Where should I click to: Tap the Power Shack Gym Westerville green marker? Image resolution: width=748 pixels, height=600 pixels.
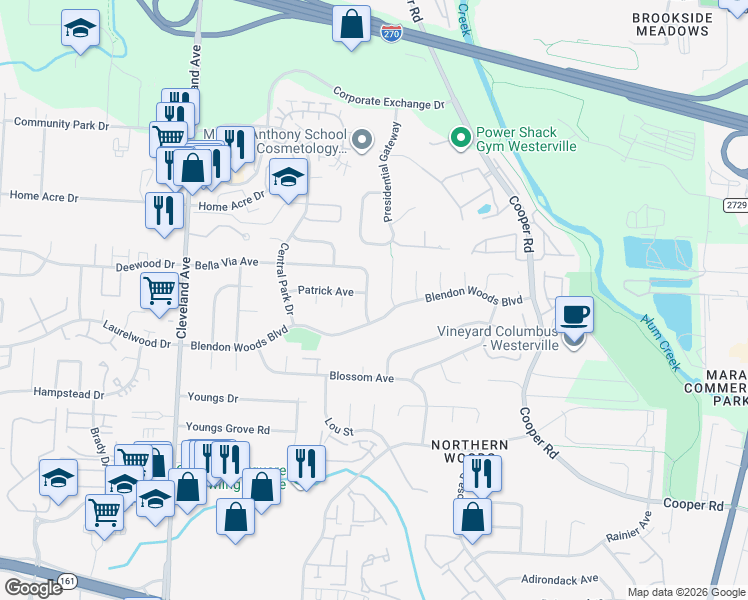pyautogui.click(x=461, y=138)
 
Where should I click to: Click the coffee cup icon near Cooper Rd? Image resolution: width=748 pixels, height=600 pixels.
pyautogui.click(x=574, y=315)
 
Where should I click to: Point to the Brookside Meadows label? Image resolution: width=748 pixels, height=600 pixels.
pyautogui.click(x=672, y=24)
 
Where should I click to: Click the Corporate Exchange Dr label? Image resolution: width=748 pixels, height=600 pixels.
pyautogui.click(x=388, y=103)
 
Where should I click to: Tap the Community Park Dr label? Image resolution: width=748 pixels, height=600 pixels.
pyautogui.click(x=61, y=125)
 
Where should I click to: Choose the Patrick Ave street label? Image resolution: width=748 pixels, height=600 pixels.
pyautogui.click(x=326, y=291)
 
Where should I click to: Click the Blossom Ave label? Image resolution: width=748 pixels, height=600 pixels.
pyautogui.click(x=361, y=377)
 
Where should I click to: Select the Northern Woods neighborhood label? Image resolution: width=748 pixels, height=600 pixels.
pyautogui.click(x=463, y=451)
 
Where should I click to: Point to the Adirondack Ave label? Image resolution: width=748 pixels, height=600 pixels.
pyautogui.click(x=560, y=578)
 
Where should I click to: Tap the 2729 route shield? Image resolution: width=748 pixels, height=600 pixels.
pyautogui.click(x=736, y=203)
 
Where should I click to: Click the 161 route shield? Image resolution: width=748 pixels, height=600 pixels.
pyautogui.click(x=67, y=580)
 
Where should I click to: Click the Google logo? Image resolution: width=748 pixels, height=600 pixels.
pyautogui.click(x=33, y=588)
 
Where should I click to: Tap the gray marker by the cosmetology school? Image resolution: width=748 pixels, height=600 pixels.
pyautogui.click(x=361, y=138)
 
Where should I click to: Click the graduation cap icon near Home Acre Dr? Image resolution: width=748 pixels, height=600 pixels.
pyautogui.click(x=288, y=177)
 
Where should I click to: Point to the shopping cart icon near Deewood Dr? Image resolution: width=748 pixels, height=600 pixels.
pyautogui.click(x=160, y=291)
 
